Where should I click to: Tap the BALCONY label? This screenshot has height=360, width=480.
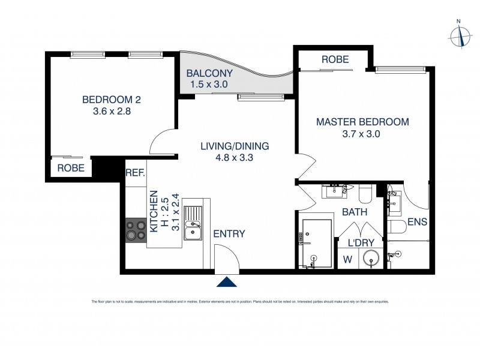[209, 74]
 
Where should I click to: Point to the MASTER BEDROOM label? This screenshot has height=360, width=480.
[362, 122]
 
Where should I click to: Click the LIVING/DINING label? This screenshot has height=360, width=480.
[235, 146]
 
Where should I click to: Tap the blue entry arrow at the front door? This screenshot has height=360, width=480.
[226, 282]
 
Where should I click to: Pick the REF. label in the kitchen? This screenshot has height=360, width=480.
[135, 173]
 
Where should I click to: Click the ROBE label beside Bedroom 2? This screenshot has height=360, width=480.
[71, 169]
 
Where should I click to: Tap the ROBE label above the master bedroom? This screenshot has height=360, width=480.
[335, 59]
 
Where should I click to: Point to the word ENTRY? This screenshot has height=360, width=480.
[229, 234]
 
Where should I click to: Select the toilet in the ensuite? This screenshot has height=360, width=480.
[397, 226]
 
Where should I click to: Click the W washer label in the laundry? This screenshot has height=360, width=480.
[347, 260]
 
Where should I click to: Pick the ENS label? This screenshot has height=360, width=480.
[417, 222]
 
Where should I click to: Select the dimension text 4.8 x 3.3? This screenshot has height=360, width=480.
[235, 158]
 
